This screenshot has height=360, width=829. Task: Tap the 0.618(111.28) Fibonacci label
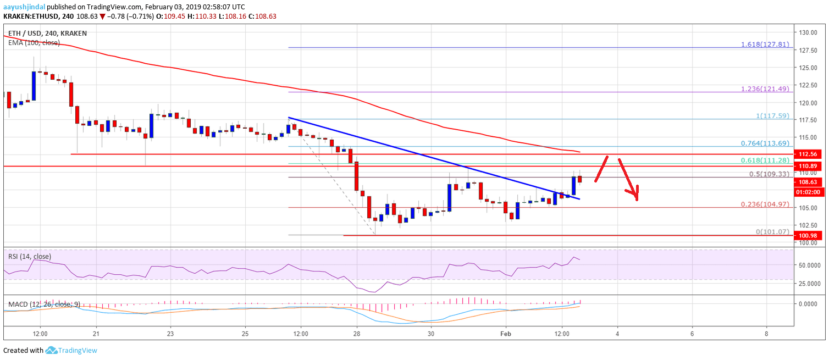768,160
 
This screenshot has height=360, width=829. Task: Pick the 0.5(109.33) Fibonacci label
770,174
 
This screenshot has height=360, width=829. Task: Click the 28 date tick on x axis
357,333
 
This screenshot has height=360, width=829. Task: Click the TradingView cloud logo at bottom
52,350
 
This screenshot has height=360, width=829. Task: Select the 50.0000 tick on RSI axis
811,265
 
